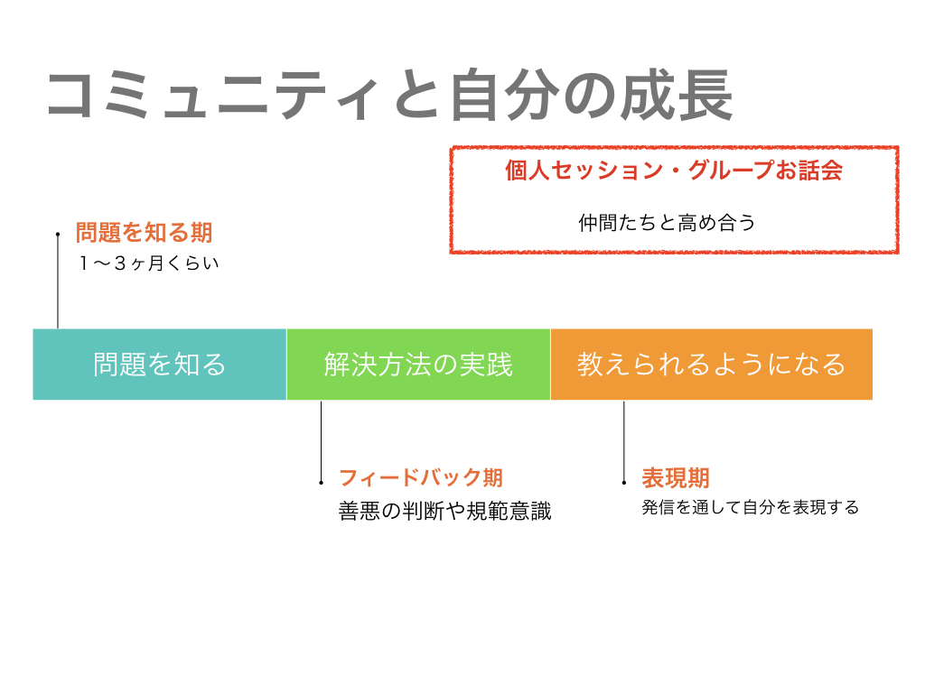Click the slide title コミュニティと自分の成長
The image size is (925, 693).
390,96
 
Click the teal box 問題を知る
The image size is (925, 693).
159,365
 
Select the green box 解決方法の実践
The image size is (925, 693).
418,365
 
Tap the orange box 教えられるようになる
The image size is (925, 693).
712,365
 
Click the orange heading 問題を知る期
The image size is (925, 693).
144,232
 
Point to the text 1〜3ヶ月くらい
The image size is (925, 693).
149,263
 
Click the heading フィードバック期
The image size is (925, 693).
421,477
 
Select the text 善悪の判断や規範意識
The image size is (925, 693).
444,511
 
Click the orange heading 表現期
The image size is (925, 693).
676,477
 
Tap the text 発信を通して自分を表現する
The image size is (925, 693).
751,507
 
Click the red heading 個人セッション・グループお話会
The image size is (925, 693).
674,171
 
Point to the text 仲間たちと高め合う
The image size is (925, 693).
667,223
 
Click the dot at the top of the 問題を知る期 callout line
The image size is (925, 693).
58,234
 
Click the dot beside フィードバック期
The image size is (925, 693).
321,483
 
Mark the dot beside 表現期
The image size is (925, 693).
624,483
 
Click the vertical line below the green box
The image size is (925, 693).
321,441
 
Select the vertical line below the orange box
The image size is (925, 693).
624,441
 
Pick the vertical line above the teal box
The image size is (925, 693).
58,282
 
